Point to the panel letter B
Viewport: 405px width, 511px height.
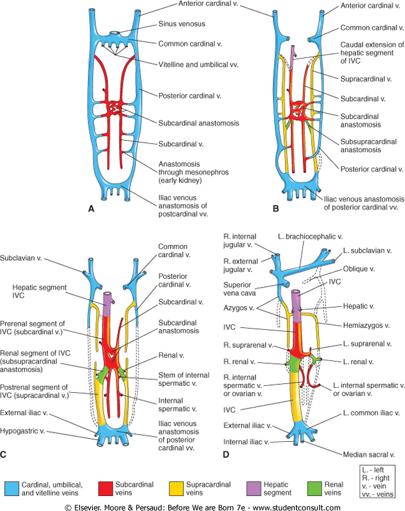pos(275,209)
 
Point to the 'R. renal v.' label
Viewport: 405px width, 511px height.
pos(242,362)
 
